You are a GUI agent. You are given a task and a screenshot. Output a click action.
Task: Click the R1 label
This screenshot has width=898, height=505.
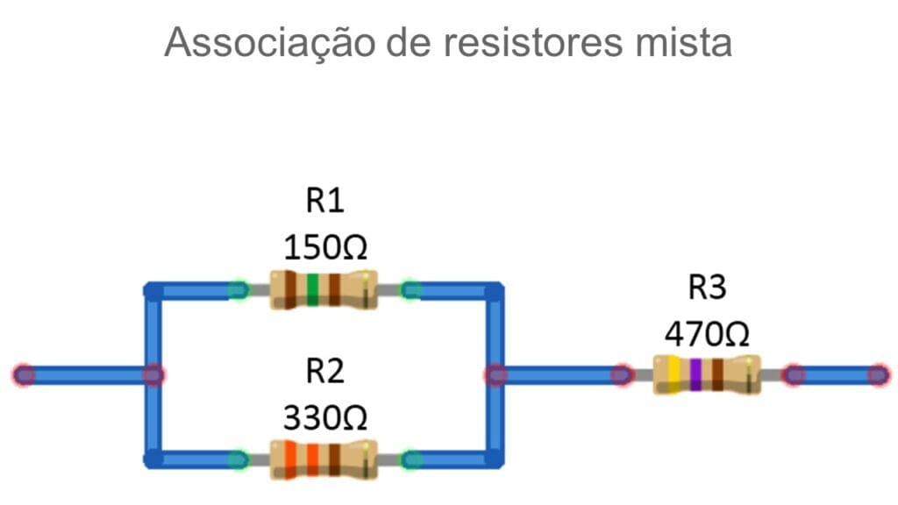click(324, 201)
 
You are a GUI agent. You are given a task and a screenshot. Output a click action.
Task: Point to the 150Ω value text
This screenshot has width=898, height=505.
click(324, 247)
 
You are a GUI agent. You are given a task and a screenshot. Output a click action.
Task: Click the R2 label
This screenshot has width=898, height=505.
click(324, 372)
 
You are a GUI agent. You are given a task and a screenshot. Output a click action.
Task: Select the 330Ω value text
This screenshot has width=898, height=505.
click(324, 417)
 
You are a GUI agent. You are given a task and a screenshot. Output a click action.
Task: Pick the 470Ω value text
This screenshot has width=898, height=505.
click(707, 333)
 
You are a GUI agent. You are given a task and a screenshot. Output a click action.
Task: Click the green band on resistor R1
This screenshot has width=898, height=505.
click(312, 289)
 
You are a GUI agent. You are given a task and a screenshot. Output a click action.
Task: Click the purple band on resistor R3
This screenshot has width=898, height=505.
click(695, 375)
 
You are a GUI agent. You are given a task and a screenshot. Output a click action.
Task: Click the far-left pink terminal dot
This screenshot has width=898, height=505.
click(24, 375)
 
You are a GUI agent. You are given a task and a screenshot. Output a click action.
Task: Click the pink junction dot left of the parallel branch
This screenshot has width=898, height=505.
click(153, 375)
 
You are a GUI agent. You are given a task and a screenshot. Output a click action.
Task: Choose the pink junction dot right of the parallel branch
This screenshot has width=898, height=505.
click(495, 375)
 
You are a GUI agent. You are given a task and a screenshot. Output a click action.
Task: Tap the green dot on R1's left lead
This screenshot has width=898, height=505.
click(238, 289)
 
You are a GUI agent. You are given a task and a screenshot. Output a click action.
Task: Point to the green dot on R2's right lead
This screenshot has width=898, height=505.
click(410, 459)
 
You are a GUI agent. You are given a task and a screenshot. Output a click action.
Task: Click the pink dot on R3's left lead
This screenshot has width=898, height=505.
click(622, 375)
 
